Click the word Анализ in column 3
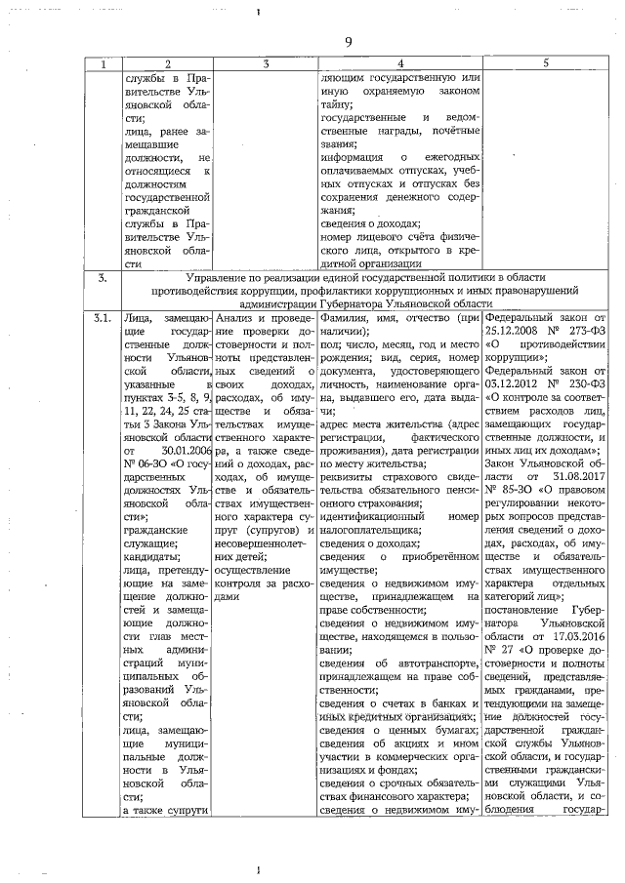tap(235, 318)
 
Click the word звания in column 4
tap(337, 143)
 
